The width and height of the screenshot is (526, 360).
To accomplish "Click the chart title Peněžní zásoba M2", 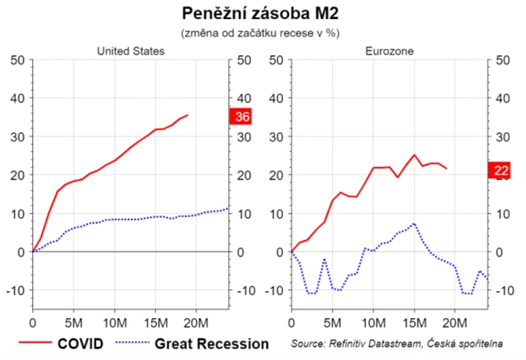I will click(260, 14).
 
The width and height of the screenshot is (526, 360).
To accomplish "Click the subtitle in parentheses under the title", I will click(260, 33).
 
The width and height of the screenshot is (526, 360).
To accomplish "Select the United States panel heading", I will click(131, 51).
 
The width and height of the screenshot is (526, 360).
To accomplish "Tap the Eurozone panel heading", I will click(390, 51).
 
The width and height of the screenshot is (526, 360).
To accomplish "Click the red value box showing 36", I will click(242, 117).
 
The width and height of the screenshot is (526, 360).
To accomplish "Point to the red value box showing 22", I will click(500, 170).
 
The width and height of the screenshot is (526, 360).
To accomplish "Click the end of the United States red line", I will click(187, 115).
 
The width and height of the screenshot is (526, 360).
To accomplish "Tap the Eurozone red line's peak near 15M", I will click(414, 155).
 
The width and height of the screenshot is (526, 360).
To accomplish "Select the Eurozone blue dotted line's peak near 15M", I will click(415, 223).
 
